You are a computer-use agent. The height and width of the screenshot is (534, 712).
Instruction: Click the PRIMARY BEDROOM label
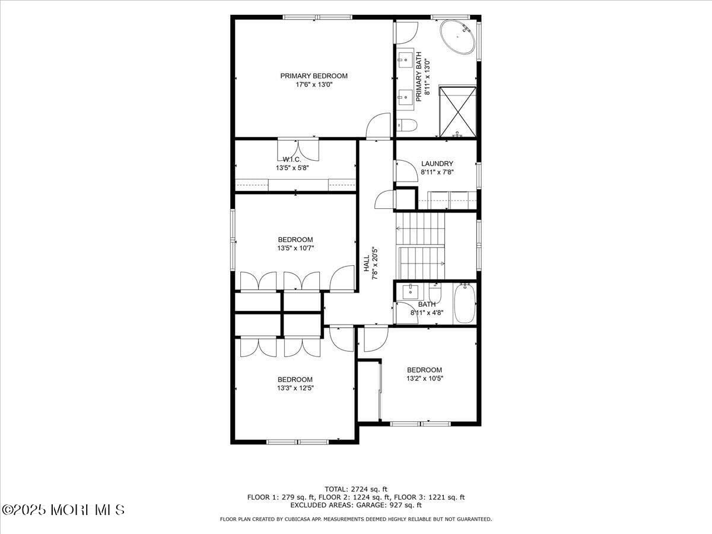click(x=314, y=76)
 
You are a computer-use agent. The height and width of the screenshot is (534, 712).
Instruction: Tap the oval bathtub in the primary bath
click(x=457, y=38)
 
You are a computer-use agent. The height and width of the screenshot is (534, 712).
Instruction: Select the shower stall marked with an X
click(x=457, y=112)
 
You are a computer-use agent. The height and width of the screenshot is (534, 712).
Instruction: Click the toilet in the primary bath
click(x=406, y=125)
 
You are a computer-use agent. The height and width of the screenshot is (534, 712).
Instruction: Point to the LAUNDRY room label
click(x=437, y=164)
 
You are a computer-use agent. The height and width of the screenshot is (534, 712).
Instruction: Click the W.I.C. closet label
click(x=292, y=160)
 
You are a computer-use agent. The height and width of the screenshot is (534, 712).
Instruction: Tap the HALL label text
click(x=367, y=265)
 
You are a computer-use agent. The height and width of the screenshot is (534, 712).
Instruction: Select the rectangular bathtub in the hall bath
click(x=465, y=303)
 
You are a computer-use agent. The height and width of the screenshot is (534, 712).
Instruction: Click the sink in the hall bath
click(x=410, y=291)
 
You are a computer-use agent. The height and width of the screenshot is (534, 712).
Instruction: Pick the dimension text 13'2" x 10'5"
click(x=425, y=379)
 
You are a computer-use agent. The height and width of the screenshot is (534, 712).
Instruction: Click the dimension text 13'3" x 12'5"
click(x=295, y=388)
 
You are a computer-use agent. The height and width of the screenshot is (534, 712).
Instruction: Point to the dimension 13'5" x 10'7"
click(x=295, y=248)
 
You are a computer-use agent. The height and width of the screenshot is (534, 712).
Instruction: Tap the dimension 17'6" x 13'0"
click(x=314, y=85)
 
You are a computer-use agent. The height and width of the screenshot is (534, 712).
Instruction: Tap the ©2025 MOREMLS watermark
click(x=63, y=510)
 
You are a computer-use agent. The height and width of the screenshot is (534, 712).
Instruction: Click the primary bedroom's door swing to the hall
click(x=378, y=126)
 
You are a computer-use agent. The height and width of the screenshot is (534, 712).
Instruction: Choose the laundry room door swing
click(x=407, y=171)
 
